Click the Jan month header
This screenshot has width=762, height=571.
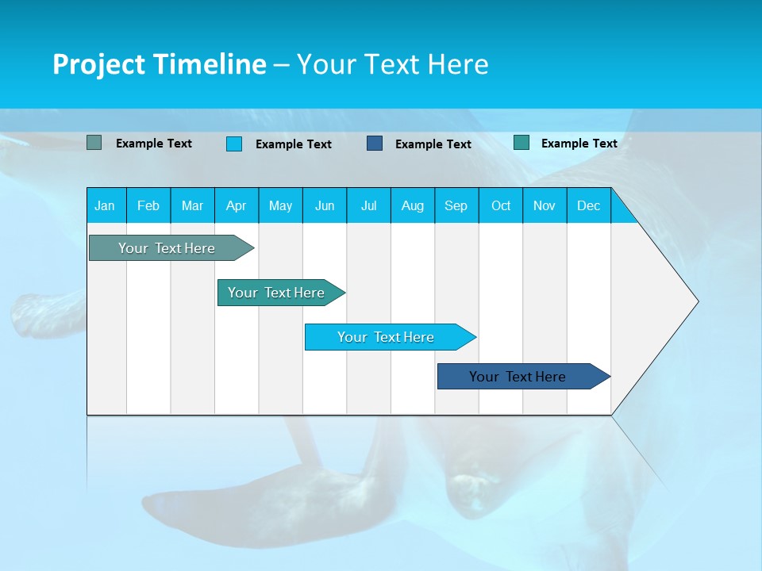[105, 205]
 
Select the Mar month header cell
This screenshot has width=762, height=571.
[192, 205]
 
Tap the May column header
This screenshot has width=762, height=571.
[280, 205]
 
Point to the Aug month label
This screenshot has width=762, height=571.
[412, 205]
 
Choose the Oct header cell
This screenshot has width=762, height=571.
[500, 205]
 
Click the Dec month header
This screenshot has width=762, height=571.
[588, 205]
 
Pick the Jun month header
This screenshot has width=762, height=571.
[325, 205]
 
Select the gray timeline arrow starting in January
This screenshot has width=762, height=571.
[167, 248]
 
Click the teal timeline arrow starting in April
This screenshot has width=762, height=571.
[276, 293]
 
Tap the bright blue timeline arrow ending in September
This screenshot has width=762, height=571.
[386, 337]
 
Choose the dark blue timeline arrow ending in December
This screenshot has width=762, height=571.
[518, 377]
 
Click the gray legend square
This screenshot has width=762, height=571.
[94, 143]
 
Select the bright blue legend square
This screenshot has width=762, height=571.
[233, 144]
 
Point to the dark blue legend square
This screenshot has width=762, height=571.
[375, 144]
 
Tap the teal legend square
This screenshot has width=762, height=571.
[521, 143]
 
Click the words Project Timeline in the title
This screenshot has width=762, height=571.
[159, 64]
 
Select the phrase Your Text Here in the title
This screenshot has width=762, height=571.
[392, 64]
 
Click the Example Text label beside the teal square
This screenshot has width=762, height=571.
[579, 143]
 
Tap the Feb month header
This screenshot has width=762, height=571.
[148, 205]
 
